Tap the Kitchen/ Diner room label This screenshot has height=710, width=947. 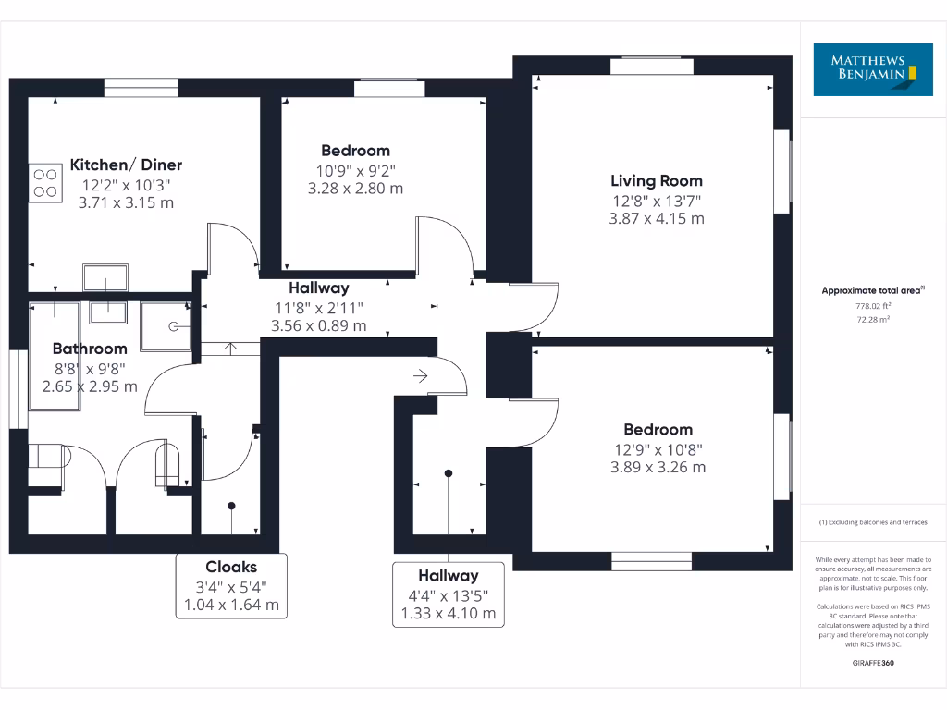[126, 165]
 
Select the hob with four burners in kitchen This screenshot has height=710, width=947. [43, 183]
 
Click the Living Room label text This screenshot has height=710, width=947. [657, 181]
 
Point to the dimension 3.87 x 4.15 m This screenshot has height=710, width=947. [657, 219]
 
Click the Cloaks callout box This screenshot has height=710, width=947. [231, 586]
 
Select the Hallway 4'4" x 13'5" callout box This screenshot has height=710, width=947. [449, 594]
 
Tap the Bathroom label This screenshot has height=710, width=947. [90, 349]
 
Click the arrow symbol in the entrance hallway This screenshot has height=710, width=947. [421, 376]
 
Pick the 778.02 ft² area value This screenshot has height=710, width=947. [874, 306]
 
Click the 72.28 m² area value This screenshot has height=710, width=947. [874, 319]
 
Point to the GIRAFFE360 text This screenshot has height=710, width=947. [874, 663]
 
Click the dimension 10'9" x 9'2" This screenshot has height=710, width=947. [355, 170]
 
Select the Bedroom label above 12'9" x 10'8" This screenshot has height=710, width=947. [658, 430]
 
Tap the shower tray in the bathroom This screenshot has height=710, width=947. [166, 325]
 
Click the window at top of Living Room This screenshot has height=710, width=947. [646, 65]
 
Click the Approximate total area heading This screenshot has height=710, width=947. [872, 290]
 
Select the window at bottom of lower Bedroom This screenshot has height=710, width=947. [651, 561]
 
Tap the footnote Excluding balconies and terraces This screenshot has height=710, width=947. [874, 522]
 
